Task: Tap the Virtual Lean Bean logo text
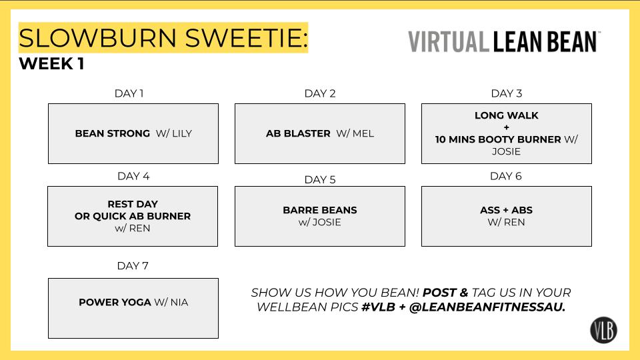(504, 41)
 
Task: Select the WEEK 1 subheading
(51, 65)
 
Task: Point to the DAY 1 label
(129, 93)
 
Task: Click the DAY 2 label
(320, 93)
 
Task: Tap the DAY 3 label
(507, 93)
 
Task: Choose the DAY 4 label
(133, 176)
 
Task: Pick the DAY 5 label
(320, 179)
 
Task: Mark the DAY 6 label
(506, 176)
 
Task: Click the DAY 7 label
(133, 266)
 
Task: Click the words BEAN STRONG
(113, 133)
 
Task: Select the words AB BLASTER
(298, 133)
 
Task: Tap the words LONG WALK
(507, 115)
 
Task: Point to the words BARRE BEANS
(320, 210)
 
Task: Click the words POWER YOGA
(115, 302)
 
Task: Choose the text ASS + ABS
(507, 210)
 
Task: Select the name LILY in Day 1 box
(182, 133)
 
